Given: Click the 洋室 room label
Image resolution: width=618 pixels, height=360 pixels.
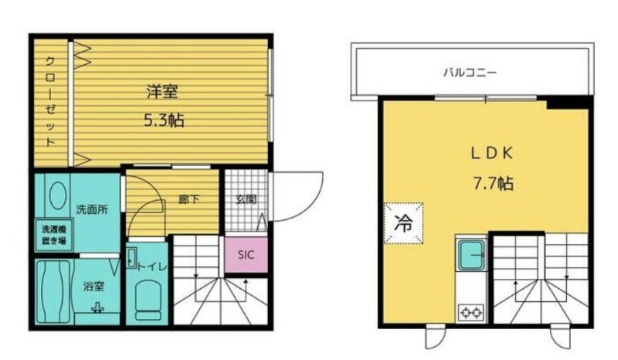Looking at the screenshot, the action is pyautogui.click(x=162, y=91).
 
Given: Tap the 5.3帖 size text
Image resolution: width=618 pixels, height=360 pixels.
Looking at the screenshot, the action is pyautogui.click(x=164, y=120).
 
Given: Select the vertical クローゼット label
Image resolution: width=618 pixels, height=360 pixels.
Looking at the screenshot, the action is pyautogui.click(x=50, y=101).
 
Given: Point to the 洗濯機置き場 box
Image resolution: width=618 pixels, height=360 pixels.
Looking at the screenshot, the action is pyautogui.click(x=53, y=235).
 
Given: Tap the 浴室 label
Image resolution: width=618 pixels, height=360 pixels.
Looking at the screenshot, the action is pyautogui.click(x=93, y=286).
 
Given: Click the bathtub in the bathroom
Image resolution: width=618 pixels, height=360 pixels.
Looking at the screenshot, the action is pyautogui.click(x=53, y=291).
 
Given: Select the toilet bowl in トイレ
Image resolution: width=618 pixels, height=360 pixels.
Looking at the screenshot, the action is pyautogui.click(x=148, y=300).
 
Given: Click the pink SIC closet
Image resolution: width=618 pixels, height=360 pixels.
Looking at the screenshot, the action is pyautogui.click(x=246, y=255).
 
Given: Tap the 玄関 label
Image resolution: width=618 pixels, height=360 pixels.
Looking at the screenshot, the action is pyautogui.click(x=246, y=199).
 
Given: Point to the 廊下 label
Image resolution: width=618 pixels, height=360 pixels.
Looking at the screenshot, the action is pyautogui.click(x=188, y=199).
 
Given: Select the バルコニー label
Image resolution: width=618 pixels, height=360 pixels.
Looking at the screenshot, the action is pyautogui.click(x=470, y=73).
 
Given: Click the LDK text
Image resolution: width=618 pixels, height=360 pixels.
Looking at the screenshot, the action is pyautogui.click(x=492, y=154).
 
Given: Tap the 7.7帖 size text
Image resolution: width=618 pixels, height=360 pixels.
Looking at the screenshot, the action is pyautogui.click(x=493, y=183).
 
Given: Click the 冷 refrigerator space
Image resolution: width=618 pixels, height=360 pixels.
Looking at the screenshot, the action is pyautogui.click(x=403, y=223).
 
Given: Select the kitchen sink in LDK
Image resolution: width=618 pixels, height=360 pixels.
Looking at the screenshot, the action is pyautogui.click(x=471, y=256).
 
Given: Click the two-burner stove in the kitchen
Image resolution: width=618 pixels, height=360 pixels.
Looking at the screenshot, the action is pyautogui.click(x=471, y=311).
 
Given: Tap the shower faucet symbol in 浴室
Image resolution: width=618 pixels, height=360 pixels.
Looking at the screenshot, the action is pyautogui.click(x=97, y=307).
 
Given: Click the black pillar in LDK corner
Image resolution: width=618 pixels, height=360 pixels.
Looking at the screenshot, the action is pyautogui.click(x=569, y=103).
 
